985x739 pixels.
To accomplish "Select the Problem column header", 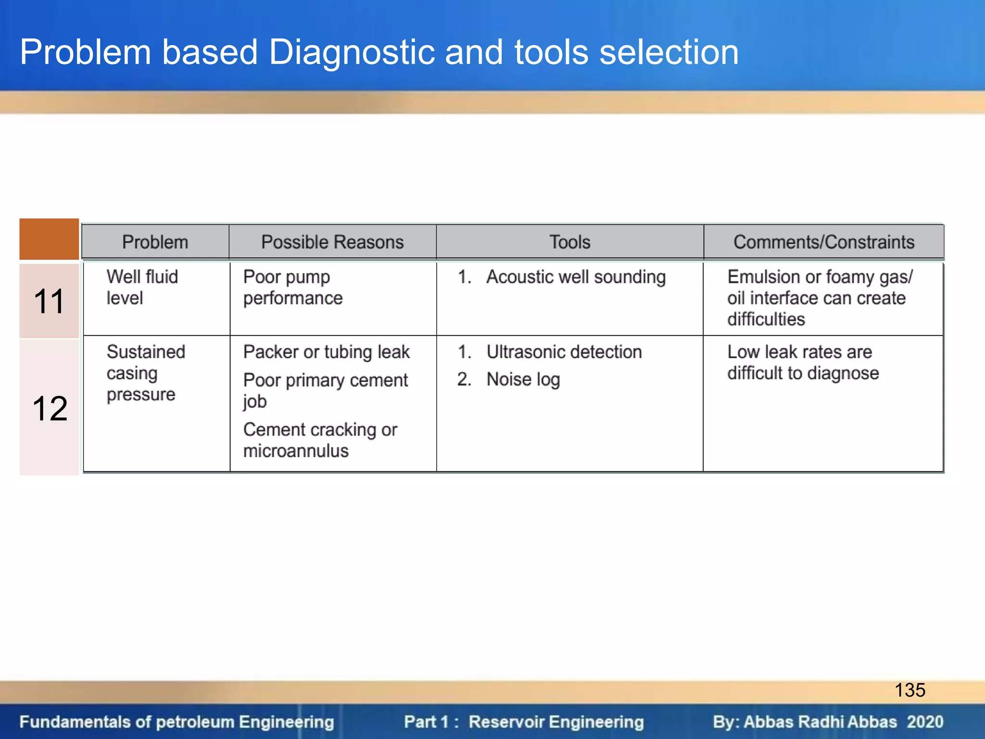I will pyautogui.click(x=155, y=242).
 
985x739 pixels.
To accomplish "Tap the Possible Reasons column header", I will pyautogui.click(x=332, y=242).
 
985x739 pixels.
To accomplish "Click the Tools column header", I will pyautogui.click(x=569, y=242).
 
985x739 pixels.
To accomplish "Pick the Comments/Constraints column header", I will pyautogui.click(x=823, y=242).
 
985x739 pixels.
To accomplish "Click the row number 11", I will pyautogui.click(x=49, y=302).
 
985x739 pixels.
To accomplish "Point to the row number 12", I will pyautogui.click(x=50, y=408).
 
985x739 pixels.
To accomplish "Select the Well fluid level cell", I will pyautogui.click(x=142, y=287).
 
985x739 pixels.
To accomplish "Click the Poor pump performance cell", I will pyautogui.click(x=292, y=287).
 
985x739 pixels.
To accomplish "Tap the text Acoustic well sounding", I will pyautogui.click(x=576, y=277).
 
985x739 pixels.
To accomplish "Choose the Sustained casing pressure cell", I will pyautogui.click(x=145, y=373).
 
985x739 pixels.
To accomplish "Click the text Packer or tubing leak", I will pyautogui.click(x=326, y=352).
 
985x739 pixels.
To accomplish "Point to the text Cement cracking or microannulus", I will pyautogui.click(x=320, y=440).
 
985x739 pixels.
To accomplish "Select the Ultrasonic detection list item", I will pyautogui.click(x=564, y=352).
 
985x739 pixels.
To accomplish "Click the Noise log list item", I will pyautogui.click(x=523, y=380).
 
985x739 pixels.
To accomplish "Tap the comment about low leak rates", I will pyautogui.click(x=802, y=363).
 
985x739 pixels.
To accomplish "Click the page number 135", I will pyautogui.click(x=909, y=690).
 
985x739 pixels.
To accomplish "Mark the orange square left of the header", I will pyautogui.click(x=49, y=239).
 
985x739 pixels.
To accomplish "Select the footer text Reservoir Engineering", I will pyautogui.click(x=556, y=722).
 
